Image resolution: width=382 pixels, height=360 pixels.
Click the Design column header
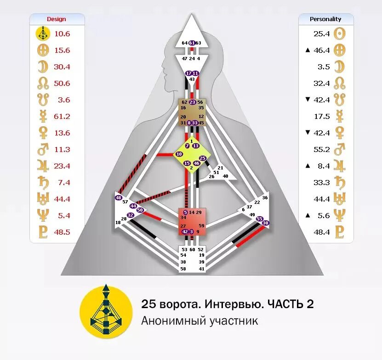point(57,19)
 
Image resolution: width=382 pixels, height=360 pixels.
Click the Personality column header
point(325,19)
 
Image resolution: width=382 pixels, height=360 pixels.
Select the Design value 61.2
point(62,117)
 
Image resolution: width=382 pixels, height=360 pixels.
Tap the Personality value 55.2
point(322,150)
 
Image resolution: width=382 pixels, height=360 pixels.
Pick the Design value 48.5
point(62,232)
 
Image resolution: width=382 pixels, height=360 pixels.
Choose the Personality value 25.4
point(322,34)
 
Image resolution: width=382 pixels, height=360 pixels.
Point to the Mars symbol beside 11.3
point(43,150)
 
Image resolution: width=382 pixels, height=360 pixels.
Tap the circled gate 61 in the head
point(192,43)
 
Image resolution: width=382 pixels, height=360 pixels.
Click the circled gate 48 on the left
point(118,198)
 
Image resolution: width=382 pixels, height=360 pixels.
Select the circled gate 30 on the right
point(265,223)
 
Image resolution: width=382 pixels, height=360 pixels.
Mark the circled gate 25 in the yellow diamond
point(203,158)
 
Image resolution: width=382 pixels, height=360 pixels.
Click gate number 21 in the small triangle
point(220,168)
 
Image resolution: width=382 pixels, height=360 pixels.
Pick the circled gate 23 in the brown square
point(193,102)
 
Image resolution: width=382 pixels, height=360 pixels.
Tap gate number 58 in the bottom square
point(183,268)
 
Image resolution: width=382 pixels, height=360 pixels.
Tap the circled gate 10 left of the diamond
point(179,154)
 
